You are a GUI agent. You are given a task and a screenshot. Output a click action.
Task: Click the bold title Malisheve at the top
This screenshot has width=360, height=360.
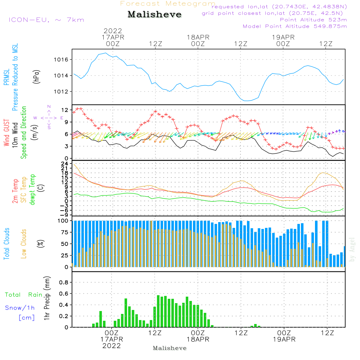(154, 15)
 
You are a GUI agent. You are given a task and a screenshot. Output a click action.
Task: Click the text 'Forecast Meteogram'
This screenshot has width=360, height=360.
(168, 4)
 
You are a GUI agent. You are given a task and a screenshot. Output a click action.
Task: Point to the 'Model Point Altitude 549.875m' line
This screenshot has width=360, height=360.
(294, 26)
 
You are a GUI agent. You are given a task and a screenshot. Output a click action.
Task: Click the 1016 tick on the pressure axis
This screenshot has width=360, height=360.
(62, 59)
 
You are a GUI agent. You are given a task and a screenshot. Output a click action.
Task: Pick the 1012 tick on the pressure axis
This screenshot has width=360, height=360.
(62, 91)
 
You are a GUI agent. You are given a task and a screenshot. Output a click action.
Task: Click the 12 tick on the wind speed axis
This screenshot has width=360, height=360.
(65, 110)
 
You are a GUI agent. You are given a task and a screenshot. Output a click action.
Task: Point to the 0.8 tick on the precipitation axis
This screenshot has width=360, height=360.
(63, 283)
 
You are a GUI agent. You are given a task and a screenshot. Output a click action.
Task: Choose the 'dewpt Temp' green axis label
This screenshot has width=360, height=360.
(33, 190)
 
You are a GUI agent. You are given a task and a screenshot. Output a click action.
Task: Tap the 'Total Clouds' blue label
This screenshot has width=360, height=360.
(7, 244)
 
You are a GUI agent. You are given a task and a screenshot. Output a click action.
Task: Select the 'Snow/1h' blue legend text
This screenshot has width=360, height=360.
(20, 308)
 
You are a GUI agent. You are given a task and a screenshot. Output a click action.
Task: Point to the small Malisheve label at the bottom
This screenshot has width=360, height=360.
(170, 348)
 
